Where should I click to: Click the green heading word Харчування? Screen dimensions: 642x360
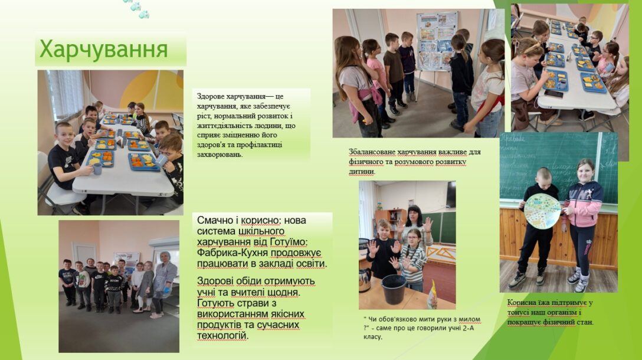(x=104, y=50)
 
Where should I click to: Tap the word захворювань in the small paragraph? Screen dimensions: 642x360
(x=220, y=155)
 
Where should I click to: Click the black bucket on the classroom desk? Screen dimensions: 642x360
(x=394, y=289)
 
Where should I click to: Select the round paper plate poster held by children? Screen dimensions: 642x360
(x=542, y=211)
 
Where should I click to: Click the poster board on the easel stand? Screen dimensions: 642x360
(x=437, y=41)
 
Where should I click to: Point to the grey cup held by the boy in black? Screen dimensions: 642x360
(x=97, y=169)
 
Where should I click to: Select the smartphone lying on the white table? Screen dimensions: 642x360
(x=553, y=94)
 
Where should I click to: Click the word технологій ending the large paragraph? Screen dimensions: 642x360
(x=222, y=336)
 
